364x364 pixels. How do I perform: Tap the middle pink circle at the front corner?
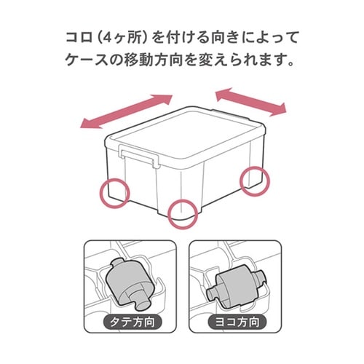tap(181, 213)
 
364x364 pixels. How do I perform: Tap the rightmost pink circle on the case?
tap(255, 180)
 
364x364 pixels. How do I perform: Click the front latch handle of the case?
tap(138, 154)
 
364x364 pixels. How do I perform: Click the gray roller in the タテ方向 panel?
tap(130, 280)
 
